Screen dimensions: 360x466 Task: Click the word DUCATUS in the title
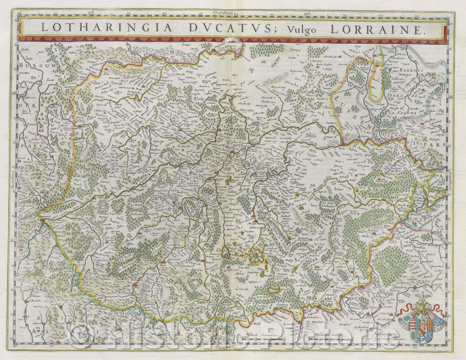[x=173, y=28]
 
